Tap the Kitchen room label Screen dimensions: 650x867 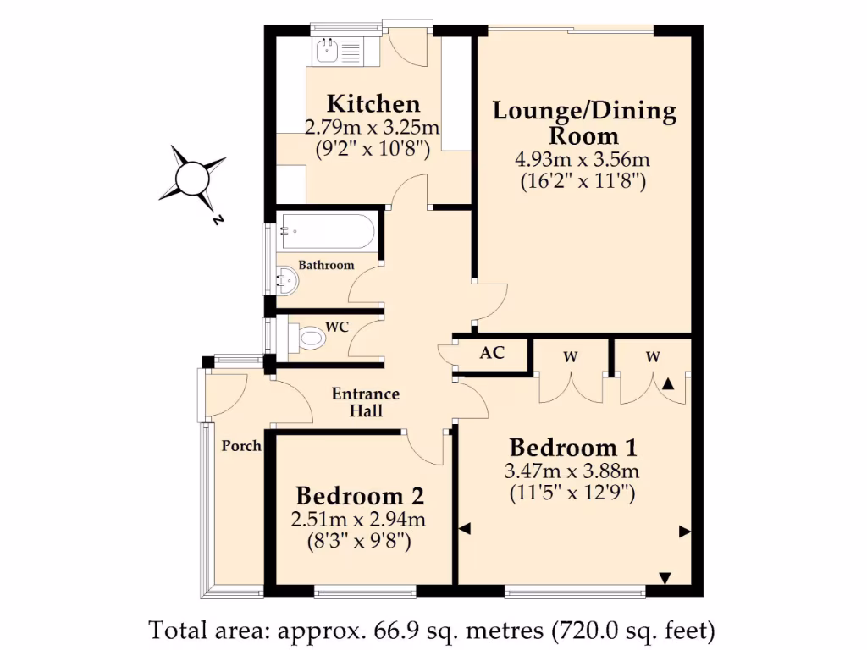pyautogui.click(x=373, y=104)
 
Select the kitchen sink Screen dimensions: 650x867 pyautogui.click(x=329, y=52)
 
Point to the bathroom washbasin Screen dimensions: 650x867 pyautogui.click(x=286, y=280)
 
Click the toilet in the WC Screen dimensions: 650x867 pyautogui.click(x=310, y=339)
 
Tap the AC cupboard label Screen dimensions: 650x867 pyautogui.click(x=492, y=352)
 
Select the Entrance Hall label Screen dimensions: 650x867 pyautogui.click(x=365, y=403)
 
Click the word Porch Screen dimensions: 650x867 pyautogui.click(x=241, y=446)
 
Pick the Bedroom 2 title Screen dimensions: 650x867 pyautogui.click(x=360, y=496)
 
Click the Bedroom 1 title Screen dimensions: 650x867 pyautogui.click(x=572, y=448)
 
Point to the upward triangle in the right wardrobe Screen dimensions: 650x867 pyautogui.click(x=668, y=384)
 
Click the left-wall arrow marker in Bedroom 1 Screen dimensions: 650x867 pyautogui.click(x=464, y=529)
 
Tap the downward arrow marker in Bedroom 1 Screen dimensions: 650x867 pyautogui.click(x=665, y=578)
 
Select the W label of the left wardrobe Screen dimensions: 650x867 pyautogui.click(x=571, y=357)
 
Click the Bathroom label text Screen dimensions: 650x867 pyautogui.click(x=326, y=265)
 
